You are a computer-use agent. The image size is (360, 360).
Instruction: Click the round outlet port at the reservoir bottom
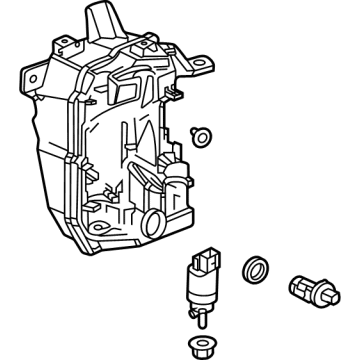pos(154,222)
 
